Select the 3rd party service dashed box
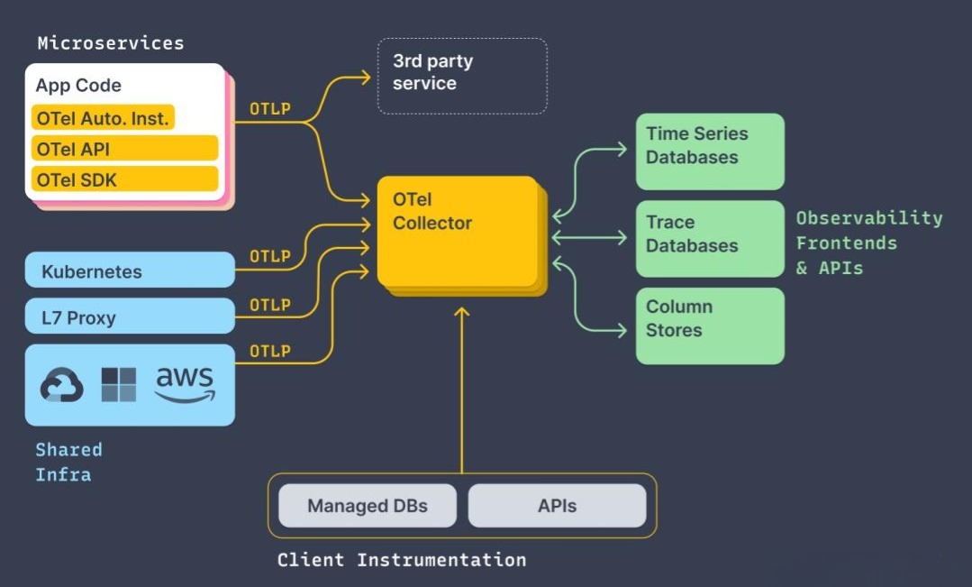coord(461,76)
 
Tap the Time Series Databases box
coord(710,151)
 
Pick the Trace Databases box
coord(710,238)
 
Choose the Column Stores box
coord(710,326)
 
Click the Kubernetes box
coord(130,271)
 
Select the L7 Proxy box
coord(130,316)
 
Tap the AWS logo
coord(185,384)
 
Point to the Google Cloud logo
coord(61,385)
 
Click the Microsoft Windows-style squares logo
coord(119,385)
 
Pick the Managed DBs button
coord(368,505)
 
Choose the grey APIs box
coord(557,505)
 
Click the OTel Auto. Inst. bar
coord(103,118)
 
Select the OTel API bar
coord(124,149)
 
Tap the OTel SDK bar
coord(124,179)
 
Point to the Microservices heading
coord(110,42)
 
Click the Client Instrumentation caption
coord(401,560)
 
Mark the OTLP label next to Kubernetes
coord(270,257)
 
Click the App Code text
coord(78,86)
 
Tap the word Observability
coord(868,218)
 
